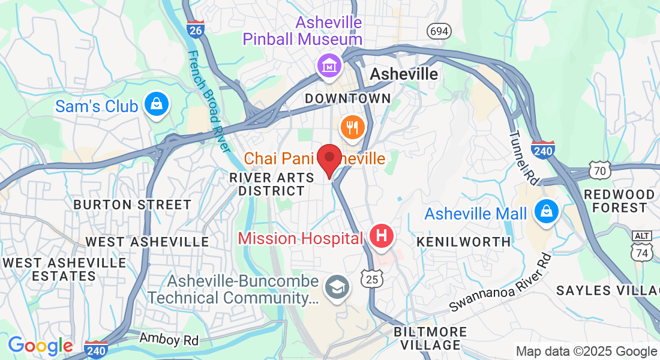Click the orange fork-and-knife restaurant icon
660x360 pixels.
(350, 127)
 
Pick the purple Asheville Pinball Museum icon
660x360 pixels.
(329, 66)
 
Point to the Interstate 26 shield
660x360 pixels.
(196, 28)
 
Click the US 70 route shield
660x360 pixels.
(599, 170)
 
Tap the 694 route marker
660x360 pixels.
(439, 31)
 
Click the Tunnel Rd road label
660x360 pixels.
(524, 158)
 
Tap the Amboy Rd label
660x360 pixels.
(169, 339)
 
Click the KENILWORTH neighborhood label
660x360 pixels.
(464, 242)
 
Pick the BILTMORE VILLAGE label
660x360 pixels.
(430, 338)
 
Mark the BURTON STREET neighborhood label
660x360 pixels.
(132, 205)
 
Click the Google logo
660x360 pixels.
(40, 346)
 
